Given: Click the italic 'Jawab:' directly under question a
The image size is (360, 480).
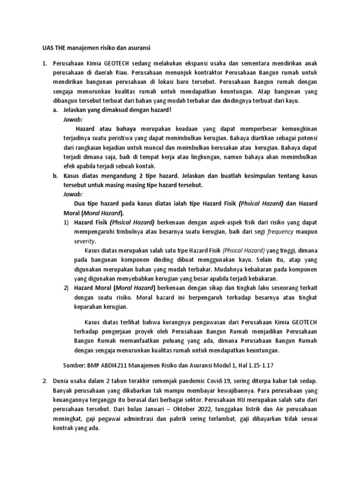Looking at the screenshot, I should tap(73, 120).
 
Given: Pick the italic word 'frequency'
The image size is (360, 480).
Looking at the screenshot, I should tap(280, 232).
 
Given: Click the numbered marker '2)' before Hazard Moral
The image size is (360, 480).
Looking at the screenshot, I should tap(67, 287).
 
